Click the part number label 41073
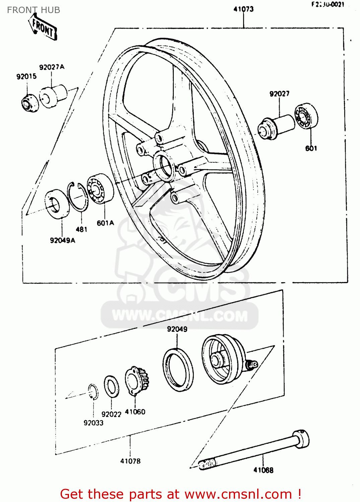pyautogui.click(x=243, y=9)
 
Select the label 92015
pyautogui.click(x=26, y=76)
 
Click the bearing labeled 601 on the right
pyautogui.click(x=306, y=116)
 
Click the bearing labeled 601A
pyautogui.click(x=100, y=188)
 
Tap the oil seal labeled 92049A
pyautogui.click(x=57, y=204)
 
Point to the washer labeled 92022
pyautogui.click(x=111, y=386)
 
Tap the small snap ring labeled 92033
pyautogui.click(x=93, y=392)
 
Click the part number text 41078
pyautogui.click(x=130, y=461)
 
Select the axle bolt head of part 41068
pyautogui.click(x=301, y=438)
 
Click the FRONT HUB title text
pyautogui.click(x=33, y=10)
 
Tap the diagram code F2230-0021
pyautogui.click(x=328, y=4)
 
